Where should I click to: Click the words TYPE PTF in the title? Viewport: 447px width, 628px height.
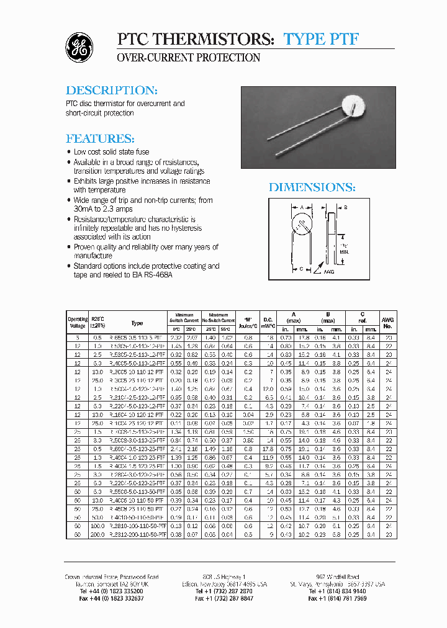[321, 38]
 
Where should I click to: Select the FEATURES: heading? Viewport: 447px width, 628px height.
[100, 138]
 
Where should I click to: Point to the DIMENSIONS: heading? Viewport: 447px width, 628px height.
[312, 187]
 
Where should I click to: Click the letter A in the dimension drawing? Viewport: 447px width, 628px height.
[301, 207]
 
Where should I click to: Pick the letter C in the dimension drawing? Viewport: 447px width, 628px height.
[300, 269]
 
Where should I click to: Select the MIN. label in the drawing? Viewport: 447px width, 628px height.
[345, 253]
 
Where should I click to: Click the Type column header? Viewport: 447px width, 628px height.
[137, 323]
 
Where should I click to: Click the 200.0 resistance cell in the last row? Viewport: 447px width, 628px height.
[97, 533]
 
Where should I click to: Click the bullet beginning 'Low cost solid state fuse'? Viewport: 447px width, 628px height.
[111, 152]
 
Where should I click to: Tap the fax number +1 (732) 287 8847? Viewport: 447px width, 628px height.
[223, 599]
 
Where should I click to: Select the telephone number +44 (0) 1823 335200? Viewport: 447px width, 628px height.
[111, 591]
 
